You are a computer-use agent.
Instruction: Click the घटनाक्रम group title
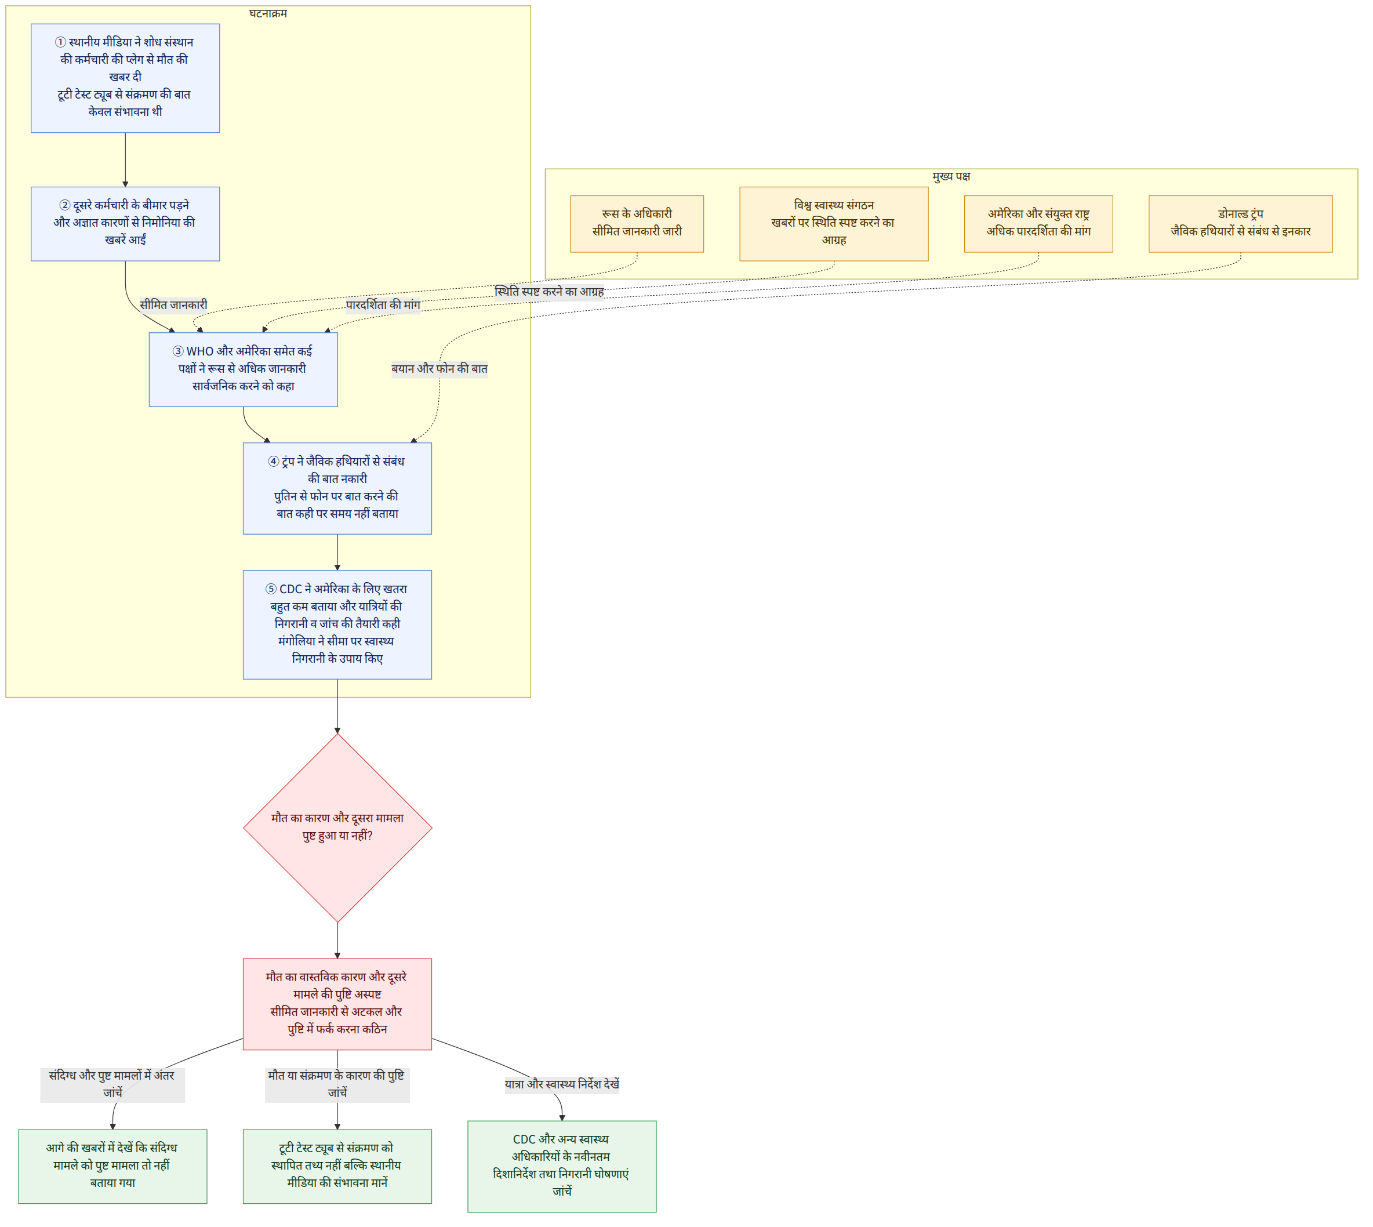268,13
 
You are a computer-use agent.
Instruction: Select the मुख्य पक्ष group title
951,177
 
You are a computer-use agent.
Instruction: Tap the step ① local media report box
125,78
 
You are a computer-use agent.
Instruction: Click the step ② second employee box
125,224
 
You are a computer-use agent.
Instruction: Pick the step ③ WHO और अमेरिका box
244,369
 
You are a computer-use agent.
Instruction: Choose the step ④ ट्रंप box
337,488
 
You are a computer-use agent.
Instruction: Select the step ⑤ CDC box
337,625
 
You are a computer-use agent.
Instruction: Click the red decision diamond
337,827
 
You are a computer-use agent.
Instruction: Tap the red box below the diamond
337,1004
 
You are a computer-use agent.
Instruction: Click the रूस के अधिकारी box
637,224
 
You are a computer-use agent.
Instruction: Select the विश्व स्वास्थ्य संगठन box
834,224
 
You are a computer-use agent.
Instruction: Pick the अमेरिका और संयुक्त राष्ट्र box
1038,224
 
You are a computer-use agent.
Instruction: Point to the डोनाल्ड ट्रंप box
1240,224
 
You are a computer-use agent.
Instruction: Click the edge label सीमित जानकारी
173,305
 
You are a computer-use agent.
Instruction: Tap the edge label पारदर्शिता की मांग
383,305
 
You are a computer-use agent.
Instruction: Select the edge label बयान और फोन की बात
439,369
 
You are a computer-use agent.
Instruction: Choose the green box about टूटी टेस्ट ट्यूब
337,1166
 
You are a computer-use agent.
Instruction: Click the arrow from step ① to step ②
125,160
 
